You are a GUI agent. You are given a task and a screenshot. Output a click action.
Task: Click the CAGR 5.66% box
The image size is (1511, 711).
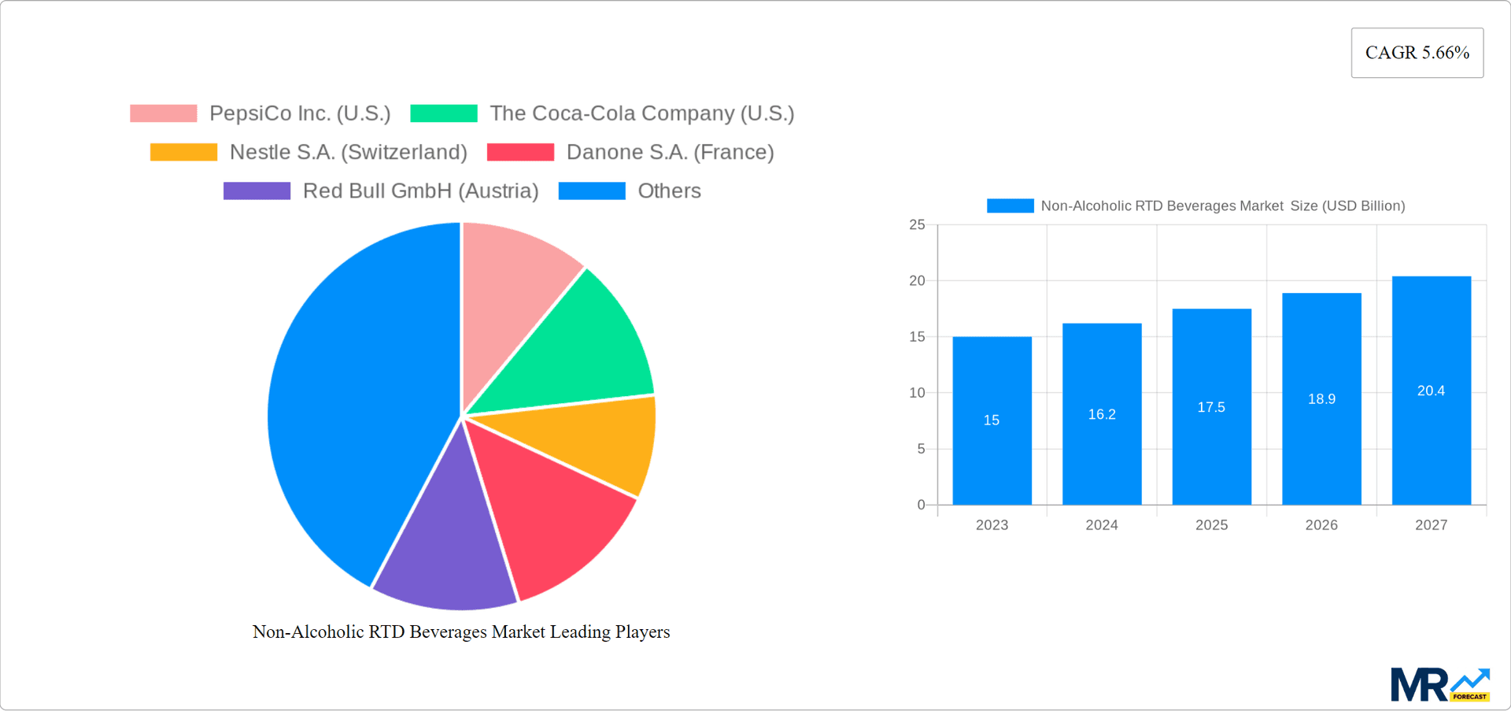pos(1417,53)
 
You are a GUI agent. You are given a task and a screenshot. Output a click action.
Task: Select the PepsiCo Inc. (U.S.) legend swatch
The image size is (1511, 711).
pos(163,113)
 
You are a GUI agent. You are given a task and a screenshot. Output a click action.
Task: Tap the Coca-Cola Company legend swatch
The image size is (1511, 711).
pos(444,113)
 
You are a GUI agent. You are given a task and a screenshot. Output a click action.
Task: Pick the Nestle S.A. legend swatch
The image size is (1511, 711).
pos(183,152)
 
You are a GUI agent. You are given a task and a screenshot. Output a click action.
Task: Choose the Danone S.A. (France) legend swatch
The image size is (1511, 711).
pos(520,152)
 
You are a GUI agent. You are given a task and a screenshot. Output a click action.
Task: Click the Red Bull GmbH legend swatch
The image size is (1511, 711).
pos(257,191)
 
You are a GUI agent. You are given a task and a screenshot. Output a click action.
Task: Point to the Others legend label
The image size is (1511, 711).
pos(669,191)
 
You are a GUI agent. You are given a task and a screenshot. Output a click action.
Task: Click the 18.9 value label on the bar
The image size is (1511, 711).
pos(1321,399)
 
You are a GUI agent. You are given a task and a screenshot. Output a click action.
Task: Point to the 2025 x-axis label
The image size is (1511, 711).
pos(1211,525)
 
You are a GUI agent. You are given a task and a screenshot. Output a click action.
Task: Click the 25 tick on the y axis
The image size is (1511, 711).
pos(917,225)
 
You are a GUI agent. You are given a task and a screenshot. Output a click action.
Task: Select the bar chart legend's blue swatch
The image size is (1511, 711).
pos(1010,206)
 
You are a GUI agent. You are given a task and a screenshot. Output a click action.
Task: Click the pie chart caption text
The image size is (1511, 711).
pos(461,631)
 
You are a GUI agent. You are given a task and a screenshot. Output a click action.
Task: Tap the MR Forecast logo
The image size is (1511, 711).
pos(1439,685)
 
